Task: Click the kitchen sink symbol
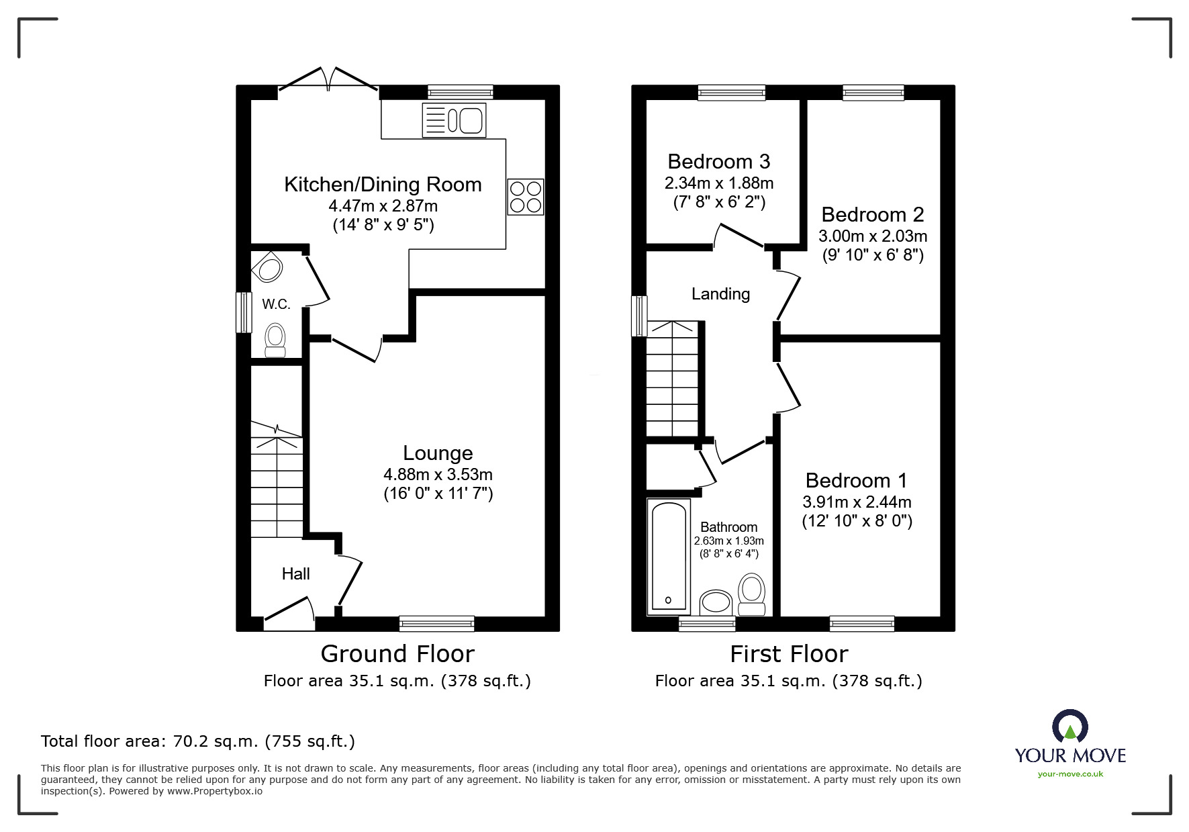[455, 121]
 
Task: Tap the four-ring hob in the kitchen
[525, 196]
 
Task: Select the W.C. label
[276, 304]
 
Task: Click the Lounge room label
[438, 453]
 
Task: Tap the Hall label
[295, 573]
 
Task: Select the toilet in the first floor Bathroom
[751, 594]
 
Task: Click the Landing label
[720, 293]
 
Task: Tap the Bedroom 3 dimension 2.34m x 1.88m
[719, 183]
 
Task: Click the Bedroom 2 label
[872, 214]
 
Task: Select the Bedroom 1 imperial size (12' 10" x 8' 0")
[857, 521]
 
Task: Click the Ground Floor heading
[397, 653]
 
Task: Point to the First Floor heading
[789, 653]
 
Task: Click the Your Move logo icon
[1069, 727]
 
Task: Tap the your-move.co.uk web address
[1070, 774]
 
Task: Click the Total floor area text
[198, 741]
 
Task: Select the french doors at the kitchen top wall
[328, 79]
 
